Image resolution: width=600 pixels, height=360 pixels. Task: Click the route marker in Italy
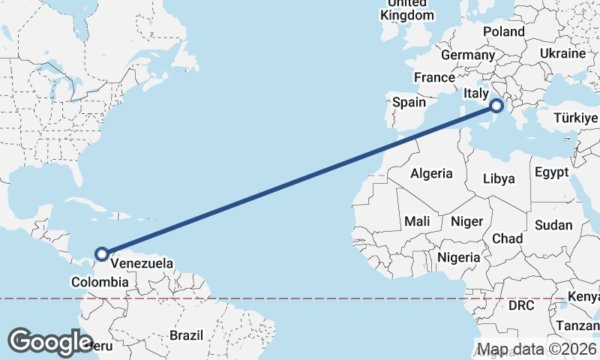(496, 106)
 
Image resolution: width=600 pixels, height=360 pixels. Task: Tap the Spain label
(409, 103)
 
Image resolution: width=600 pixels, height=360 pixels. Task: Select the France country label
(434, 77)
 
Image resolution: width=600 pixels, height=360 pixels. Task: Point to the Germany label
(468, 55)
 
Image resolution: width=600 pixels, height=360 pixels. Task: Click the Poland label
(504, 31)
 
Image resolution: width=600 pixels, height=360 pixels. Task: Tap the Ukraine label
(562, 54)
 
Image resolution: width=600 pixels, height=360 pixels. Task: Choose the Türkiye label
(576, 118)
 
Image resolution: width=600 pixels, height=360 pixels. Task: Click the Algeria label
(431, 173)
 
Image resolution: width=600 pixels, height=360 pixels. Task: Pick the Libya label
(499, 178)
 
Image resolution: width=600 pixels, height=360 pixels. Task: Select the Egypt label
(552, 172)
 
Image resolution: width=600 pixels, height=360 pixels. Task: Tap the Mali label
(417, 222)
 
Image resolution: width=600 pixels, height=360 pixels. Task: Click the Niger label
(466, 222)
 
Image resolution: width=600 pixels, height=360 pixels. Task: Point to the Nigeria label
(458, 257)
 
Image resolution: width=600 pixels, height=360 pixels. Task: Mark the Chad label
(507, 238)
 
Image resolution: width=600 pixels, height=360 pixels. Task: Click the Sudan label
(553, 225)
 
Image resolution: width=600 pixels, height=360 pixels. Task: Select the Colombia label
(100, 282)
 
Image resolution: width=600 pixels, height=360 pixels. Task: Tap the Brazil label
(187, 334)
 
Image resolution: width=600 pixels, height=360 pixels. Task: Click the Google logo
(50, 342)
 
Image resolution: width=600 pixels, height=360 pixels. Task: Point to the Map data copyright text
(537, 349)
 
